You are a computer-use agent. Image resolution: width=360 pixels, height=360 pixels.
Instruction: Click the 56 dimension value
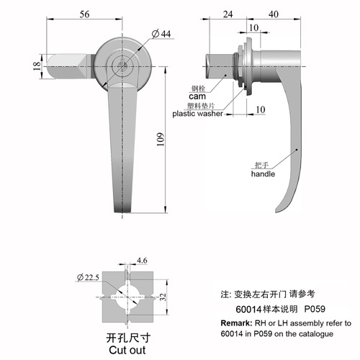tap(84, 14)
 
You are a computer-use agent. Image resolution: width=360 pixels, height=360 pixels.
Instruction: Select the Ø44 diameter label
tap(161, 34)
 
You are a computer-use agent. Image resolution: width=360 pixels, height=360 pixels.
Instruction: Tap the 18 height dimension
tap(37, 66)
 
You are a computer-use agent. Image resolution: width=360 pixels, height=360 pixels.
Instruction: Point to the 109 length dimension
tap(161, 139)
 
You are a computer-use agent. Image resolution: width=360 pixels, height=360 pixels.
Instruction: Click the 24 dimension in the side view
tap(228, 14)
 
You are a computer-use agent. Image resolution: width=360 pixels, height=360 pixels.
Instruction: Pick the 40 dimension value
tap(274, 14)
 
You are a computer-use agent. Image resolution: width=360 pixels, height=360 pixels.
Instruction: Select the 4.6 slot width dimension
tap(142, 261)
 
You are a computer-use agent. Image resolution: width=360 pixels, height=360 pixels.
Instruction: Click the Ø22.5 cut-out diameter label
tap(88, 277)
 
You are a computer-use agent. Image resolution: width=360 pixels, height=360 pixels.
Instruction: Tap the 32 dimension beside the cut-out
tap(163, 297)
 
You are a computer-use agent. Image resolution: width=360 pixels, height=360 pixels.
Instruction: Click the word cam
tap(197, 96)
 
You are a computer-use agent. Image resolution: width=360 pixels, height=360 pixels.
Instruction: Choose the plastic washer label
tap(197, 114)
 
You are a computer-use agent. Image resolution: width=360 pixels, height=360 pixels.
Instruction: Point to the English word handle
tap(263, 174)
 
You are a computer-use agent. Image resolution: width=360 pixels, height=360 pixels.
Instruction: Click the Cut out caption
tap(127, 350)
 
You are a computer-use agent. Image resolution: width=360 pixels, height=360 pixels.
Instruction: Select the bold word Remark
tap(236, 323)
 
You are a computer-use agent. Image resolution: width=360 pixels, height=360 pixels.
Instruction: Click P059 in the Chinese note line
tap(315, 309)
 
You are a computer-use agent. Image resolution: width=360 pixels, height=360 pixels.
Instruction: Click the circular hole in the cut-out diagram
tap(127, 297)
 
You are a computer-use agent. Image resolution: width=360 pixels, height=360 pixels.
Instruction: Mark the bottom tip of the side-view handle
tap(276, 212)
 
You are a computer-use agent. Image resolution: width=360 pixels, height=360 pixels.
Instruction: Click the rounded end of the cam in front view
tap(49, 66)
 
